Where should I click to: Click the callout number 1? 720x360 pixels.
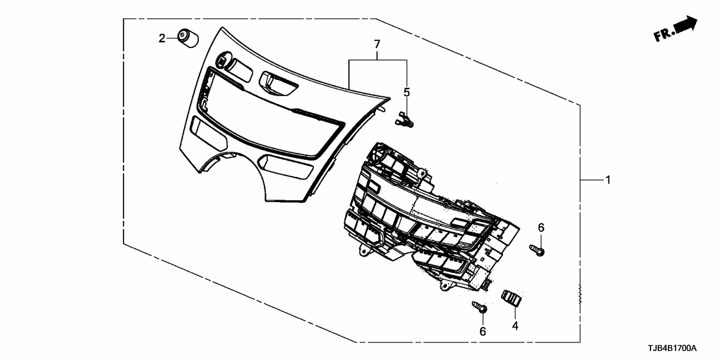coord(608,180)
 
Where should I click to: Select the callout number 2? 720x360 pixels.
coord(162,38)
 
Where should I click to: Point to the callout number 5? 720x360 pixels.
coord(407,92)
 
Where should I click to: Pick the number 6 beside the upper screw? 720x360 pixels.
coord(540,227)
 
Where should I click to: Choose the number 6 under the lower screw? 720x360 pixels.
coord(482,331)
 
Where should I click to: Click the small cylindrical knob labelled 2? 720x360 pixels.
coord(188,38)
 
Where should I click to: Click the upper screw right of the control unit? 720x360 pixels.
coord(537,249)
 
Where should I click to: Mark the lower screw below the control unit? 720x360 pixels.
coord(480,309)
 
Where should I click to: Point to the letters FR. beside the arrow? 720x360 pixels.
coord(664,35)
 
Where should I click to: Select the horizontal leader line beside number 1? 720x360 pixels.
coord(591,180)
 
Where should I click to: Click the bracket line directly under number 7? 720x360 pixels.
coord(377,60)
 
